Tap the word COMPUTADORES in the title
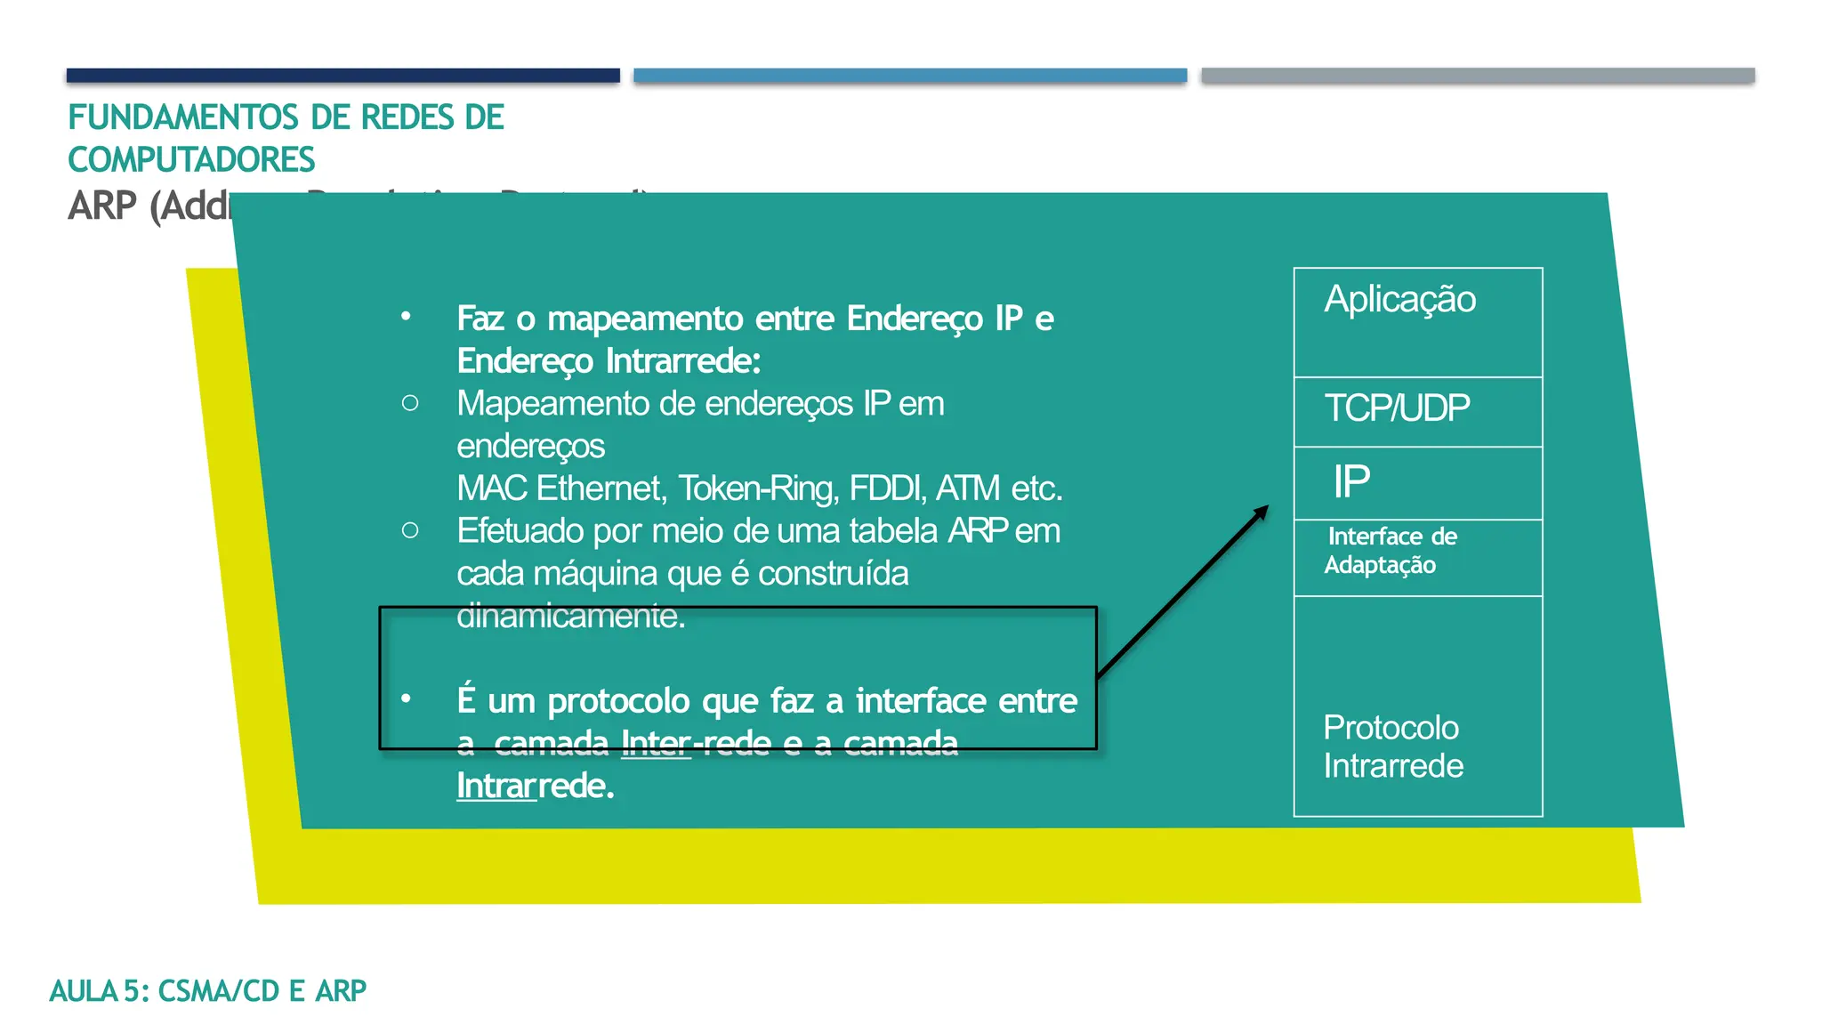191,160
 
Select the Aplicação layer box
1417,321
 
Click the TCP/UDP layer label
1397,408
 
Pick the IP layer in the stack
1351,482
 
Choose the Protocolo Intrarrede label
1392,747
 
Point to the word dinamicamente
570,616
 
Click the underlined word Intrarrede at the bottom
535,787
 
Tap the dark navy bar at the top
343,76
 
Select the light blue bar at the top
910,76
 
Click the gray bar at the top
1478,76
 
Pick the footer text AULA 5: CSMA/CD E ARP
207,990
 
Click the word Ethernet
599,488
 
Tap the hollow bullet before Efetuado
410,531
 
